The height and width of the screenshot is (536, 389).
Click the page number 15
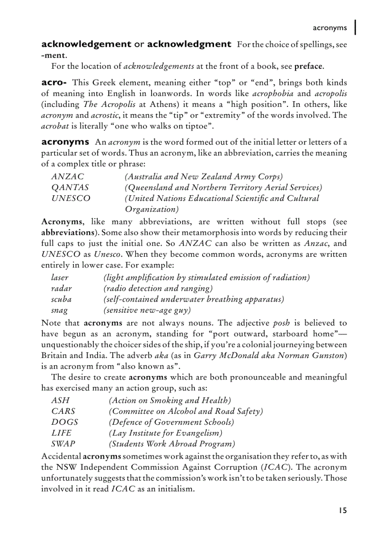coord(343,510)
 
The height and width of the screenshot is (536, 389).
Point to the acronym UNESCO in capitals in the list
coord(71,198)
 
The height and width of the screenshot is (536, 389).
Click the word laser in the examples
coord(60,277)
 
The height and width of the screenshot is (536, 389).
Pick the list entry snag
coord(60,310)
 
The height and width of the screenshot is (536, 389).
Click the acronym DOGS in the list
coord(64,422)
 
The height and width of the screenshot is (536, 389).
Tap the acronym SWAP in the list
coord(63,444)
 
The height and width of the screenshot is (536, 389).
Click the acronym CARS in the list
coord(63,411)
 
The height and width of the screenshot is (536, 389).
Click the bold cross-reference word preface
coord(308,66)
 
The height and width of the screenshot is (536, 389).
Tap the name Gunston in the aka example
coord(328,356)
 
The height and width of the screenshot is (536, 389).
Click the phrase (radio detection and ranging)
coord(158,288)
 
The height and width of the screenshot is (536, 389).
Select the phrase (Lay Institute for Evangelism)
coord(165,433)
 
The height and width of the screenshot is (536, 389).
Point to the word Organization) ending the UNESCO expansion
coord(152,209)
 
